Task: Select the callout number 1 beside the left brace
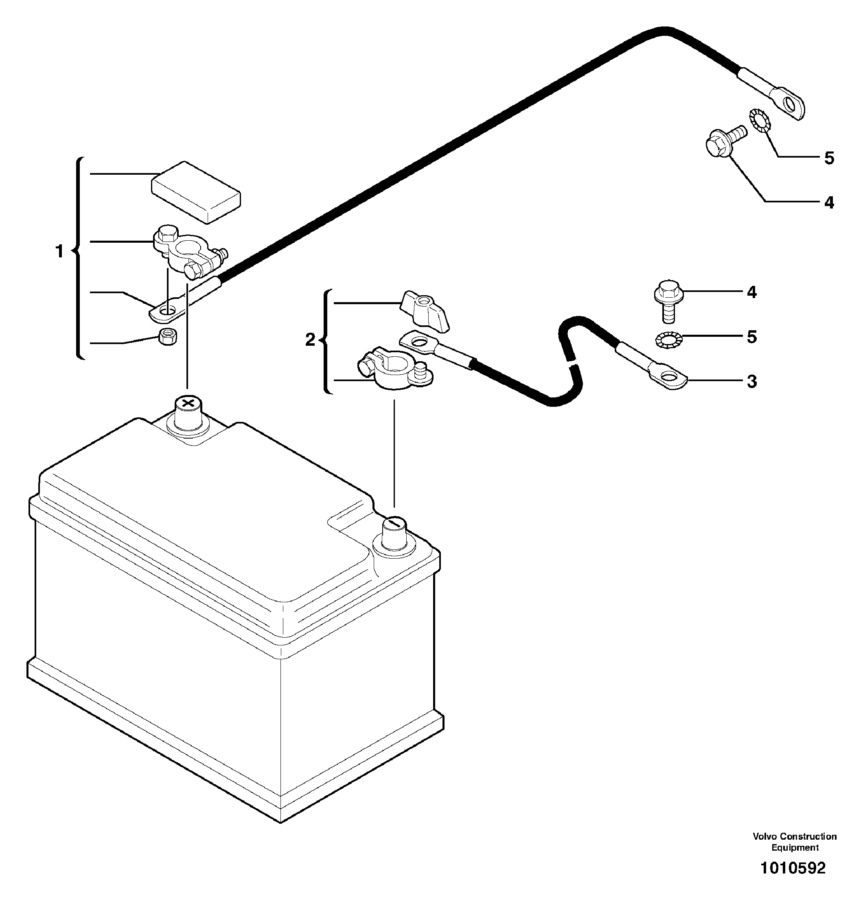coord(59,252)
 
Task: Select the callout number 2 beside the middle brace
coord(310,340)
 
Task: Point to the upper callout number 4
coord(829,202)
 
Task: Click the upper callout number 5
coord(829,158)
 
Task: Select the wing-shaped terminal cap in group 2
coord(423,312)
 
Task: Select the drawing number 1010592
coord(793,868)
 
